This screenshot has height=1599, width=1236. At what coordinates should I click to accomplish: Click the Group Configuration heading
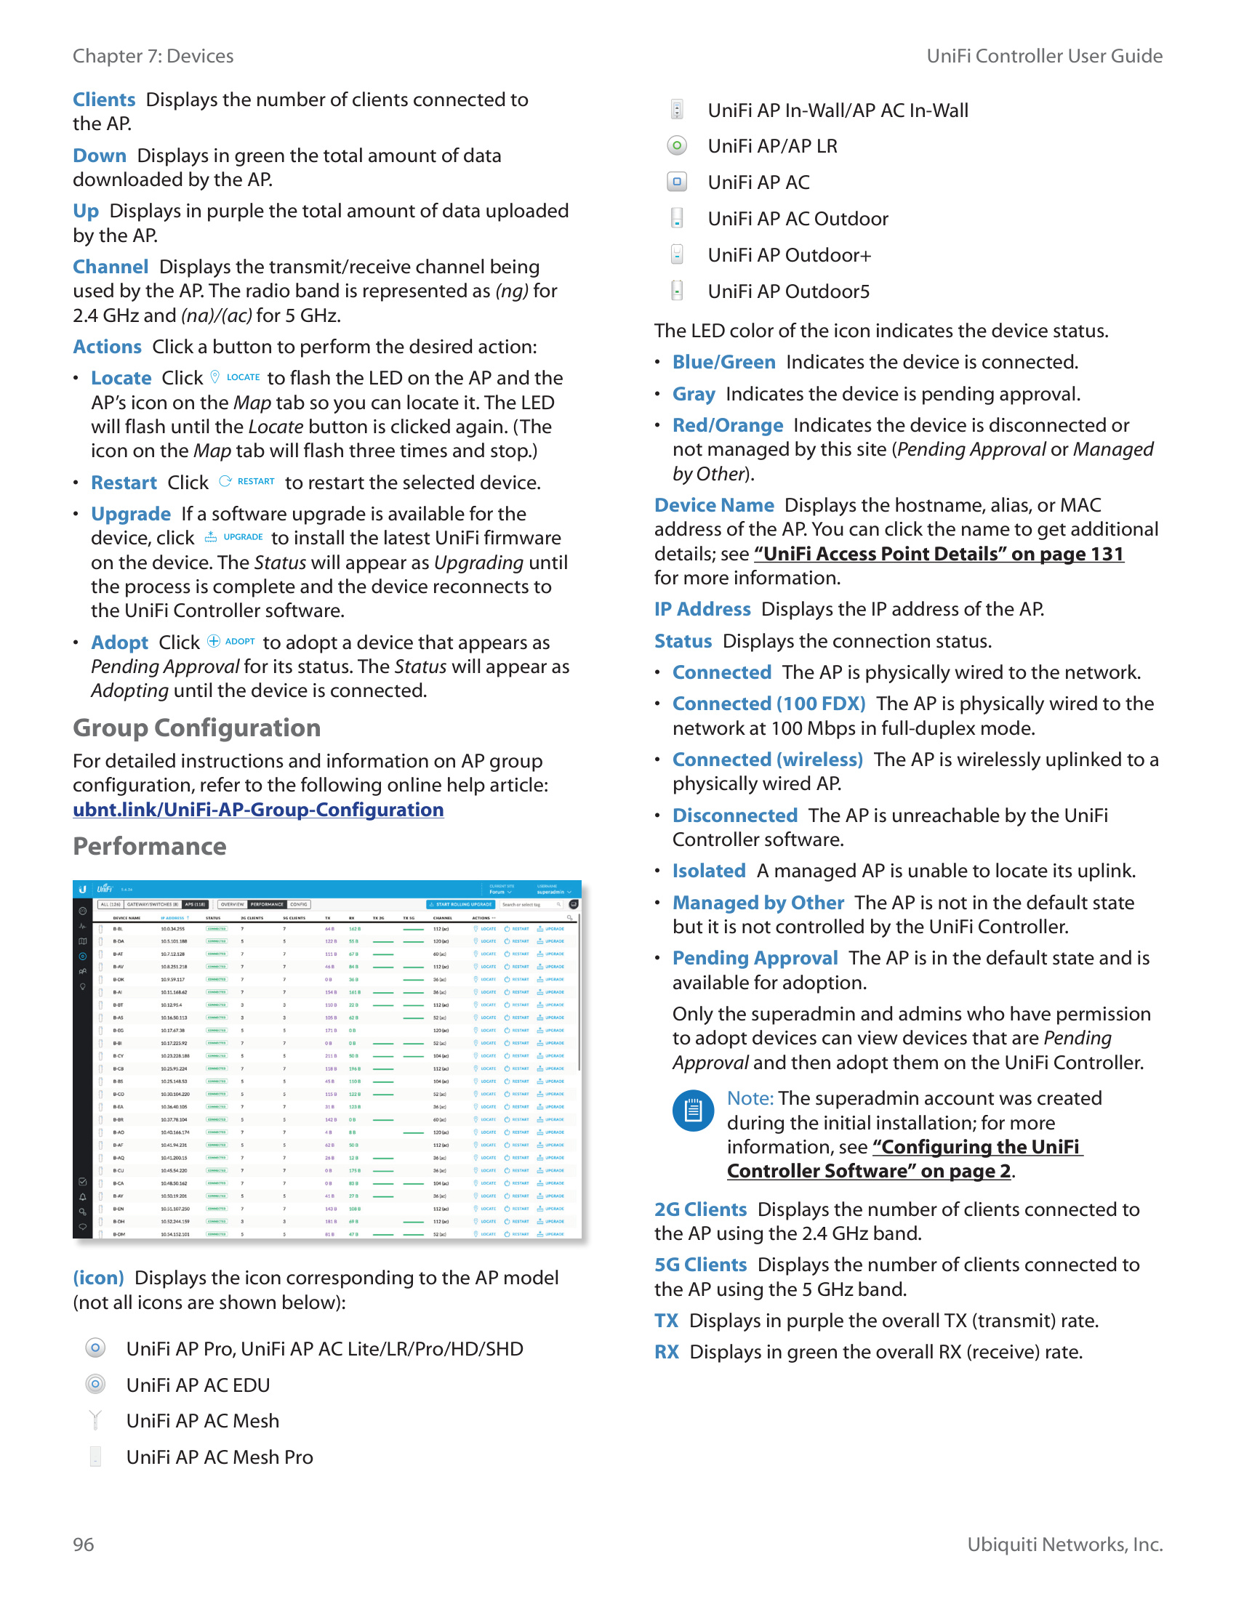pyautogui.click(x=196, y=728)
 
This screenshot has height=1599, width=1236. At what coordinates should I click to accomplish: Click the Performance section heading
pyautogui.click(x=149, y=846)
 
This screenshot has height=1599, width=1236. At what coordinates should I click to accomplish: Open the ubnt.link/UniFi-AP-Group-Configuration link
pyautogui.click(x=258, y=810)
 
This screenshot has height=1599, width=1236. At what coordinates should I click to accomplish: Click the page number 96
pyautogui.click(x=84, y=1544)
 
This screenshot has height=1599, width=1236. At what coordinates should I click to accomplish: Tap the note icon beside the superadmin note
pyautogui.click(x=693, y=1111)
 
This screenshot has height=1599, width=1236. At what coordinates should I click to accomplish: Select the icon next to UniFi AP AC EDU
pyautogui.click(x=95, y=1384)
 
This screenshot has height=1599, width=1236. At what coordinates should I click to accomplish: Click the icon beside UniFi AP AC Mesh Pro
pyautogui.click(x=95, y=1457)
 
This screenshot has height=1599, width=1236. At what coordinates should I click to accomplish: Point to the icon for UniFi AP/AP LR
pyautogui.click(x=678, y=145)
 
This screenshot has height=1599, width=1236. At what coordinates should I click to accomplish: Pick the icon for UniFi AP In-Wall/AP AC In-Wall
pyautogui.click(x=678, y=110)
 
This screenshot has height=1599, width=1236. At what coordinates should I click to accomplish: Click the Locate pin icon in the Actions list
pyautogui.click(x=215, y=377)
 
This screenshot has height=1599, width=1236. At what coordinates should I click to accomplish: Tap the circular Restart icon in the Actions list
pyautogui.click(x=225, y=481)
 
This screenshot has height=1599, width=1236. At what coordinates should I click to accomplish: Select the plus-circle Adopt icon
pyautogui.click(x=214, y=641)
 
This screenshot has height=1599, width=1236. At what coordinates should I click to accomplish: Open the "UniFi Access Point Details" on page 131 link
pyautogui.click(x=939, y=555)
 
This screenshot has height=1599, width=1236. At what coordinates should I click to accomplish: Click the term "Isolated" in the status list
pyautogui.click(x=709, y=871)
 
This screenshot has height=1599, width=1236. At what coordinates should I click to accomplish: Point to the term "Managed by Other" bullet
pyautogui.click(x=758, y=903)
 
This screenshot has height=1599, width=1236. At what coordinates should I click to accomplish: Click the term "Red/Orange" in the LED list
pyautogui.click(x=728, y=425)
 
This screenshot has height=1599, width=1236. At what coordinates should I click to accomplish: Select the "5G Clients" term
pyautogui.click(x=700, y=1265)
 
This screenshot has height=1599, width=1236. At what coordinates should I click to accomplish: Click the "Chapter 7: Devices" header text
pyautogui.click(x=153, y=57)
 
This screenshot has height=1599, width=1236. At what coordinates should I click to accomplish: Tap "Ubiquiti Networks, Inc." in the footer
pyautogui.click(x=1064, y=1544)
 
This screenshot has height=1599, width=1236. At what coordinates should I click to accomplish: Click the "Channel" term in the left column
pyautogui.click(x=111, y=267)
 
